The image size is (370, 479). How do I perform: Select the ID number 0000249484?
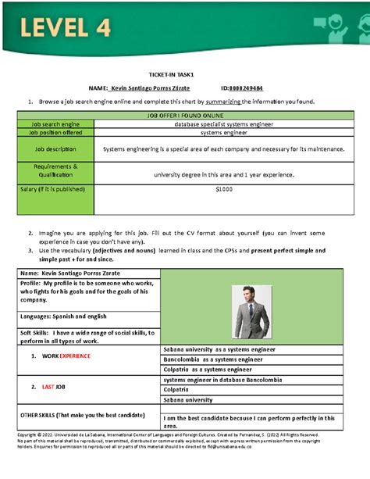[x=246, y=88]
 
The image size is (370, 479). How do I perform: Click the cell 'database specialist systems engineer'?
[x=223, y=123]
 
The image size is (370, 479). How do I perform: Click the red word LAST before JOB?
[x=48, y=387]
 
